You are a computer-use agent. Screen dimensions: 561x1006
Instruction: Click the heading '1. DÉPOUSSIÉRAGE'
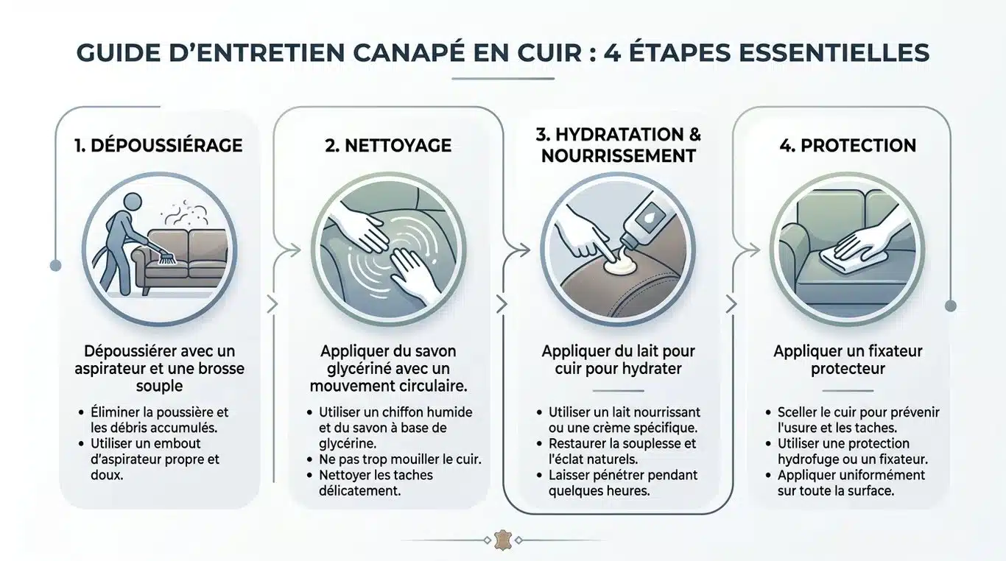click(x=158, y=146)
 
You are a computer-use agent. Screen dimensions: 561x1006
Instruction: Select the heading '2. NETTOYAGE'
click(x=388, y=146)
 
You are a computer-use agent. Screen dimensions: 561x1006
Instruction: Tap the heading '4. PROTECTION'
click(x=848, y=146)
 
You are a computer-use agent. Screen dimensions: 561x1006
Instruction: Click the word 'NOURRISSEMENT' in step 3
click(x=619, y=156)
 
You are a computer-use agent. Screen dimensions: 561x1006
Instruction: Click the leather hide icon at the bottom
click(x=503, y=540)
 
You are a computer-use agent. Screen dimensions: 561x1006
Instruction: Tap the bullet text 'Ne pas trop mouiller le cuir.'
click(x=400, y=459)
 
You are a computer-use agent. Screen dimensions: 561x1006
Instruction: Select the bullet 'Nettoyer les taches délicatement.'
click(x=376, y=482)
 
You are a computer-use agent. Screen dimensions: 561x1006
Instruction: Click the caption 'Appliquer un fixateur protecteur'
click(x=848, y=359)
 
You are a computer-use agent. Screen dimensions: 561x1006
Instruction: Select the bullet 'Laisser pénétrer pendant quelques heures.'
click(x=622, y=482)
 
